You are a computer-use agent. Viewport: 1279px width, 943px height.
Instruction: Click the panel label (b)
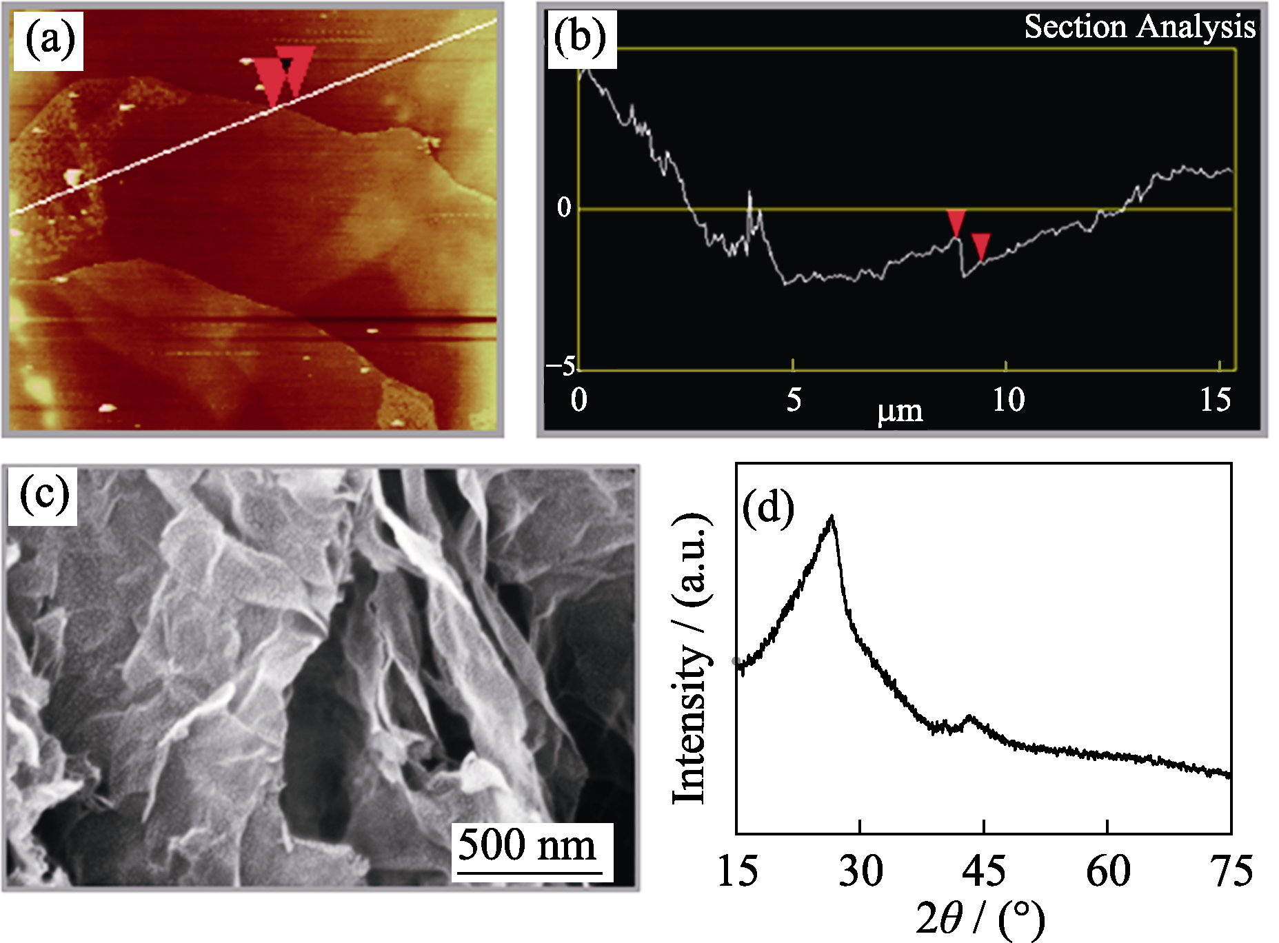pos(581,39)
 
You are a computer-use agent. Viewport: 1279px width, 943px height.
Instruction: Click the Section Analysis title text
pos(1139,28)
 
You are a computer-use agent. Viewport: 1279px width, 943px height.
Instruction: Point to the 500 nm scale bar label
pos(527,845)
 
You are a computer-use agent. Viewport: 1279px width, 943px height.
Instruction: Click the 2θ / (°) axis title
pos(980,920)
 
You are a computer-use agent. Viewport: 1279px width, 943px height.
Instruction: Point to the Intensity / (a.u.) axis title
pos(691,658)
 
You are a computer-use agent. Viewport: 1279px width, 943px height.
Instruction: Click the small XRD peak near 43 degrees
pos(971,718)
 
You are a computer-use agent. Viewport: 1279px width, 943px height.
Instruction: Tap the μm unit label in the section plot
pos(900,412)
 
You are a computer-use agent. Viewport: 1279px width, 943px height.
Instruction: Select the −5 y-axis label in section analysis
pos(561,366)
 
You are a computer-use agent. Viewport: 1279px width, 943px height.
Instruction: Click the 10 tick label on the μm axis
pos(1008,400)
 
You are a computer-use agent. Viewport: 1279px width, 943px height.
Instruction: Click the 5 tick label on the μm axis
pos(794,400)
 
